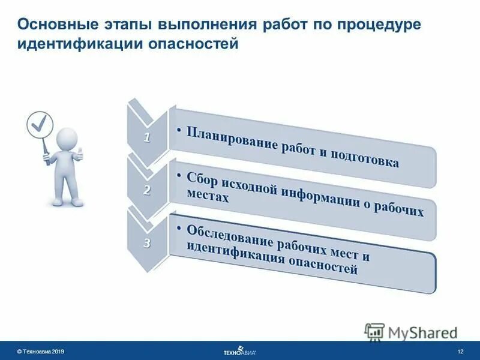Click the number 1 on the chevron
[146, 137]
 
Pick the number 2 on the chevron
[147, 190]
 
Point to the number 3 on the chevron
[147, 242]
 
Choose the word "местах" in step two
[208, 198]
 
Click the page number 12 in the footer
[460, 350]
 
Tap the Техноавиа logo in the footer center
[239, 351]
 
